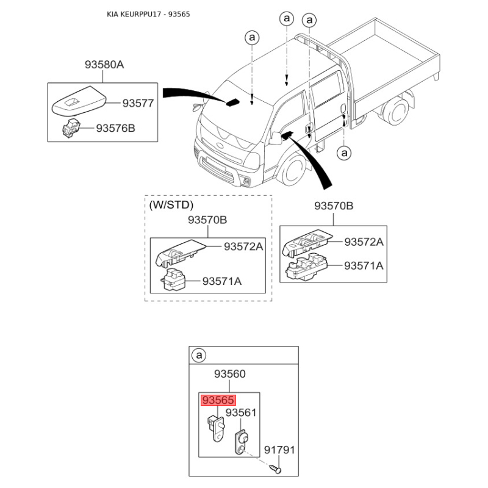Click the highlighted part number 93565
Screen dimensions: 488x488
pyautogui.click(x=218, y=400)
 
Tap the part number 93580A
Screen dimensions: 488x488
pyautogui.click(x=104, y=65)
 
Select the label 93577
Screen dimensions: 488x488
pyautogui.click(x=138, y=103)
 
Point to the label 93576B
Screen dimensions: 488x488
pyautogui.click(x=115, y=128)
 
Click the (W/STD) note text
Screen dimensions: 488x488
pyautogui.click(x=171, y=205)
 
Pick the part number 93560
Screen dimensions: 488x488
pyautogui.click(x=230, y=374)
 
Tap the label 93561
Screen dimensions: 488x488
pyautogui.click(x=241, y=413)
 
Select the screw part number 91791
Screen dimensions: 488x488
pyautogui.click(x=279, y=450)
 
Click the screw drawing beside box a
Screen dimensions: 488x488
pyautogui.click(x=275, y=468)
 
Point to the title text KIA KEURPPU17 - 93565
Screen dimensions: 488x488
pyautogui.click(x=148, y=14)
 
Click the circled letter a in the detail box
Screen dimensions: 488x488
pyautogui.click(x=199, y=355)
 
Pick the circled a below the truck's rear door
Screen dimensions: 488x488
pyautogui.click(x=344, y=153)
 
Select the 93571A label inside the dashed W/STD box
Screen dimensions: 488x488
pyautogui.click(x=222, y=281)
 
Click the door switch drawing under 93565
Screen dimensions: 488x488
pyautogui.click(x=215, y=428)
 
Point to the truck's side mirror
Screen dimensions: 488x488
pyautogui.click(x=275, y=138)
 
